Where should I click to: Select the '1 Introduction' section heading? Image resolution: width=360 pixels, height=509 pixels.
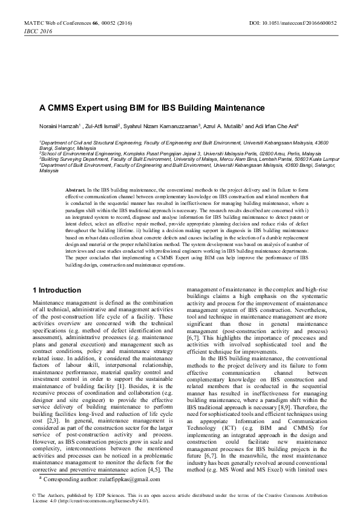[56, 290]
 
